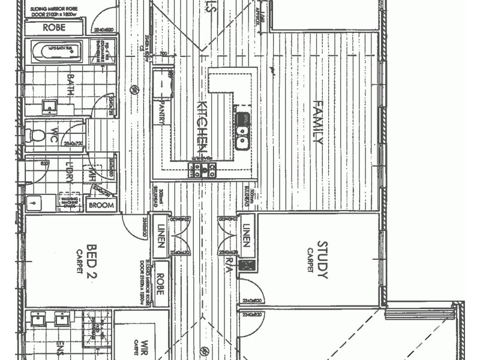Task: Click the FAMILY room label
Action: coord(319,123)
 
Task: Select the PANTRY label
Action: coord(161,113)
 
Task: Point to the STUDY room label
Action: coord(322,260)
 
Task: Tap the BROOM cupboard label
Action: coord(102,206)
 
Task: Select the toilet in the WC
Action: coord(37,135)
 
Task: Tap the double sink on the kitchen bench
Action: coord(242,130)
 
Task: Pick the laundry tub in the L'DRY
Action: coord(33,202)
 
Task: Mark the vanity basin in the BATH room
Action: coord(49,107)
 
